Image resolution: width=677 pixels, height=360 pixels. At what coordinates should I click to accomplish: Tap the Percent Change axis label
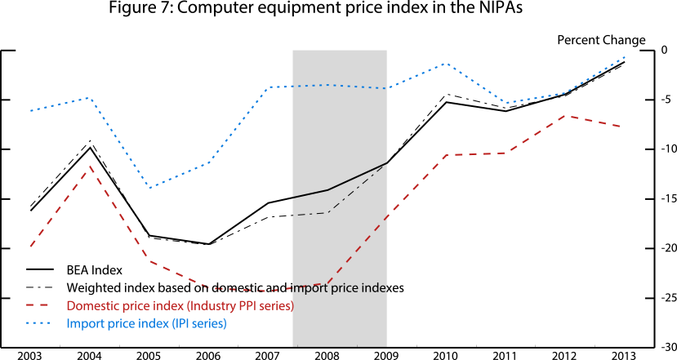click(x=601, y=40)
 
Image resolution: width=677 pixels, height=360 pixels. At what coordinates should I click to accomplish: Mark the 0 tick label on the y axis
click(x=665, y=51)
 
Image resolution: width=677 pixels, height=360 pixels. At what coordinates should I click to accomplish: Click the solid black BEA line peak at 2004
click(x=90, y=148)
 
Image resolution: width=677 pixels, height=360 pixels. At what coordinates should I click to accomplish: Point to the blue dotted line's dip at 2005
click(x=149, y=188)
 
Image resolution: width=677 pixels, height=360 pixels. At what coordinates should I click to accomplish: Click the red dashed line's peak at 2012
click(x=565, y=115)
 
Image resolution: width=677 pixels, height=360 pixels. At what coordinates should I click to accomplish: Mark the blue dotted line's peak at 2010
click(x=446, y=63)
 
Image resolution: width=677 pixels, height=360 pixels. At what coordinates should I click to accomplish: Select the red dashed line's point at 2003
click(x=30, y=246)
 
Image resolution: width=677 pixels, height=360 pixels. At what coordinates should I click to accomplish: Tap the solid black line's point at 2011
click(x=506, y=111)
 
